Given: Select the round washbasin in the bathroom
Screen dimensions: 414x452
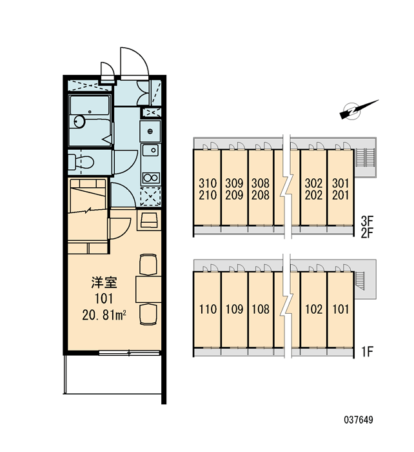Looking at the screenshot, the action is point(79,121).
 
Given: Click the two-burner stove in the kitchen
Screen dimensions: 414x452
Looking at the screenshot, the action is point(151,178).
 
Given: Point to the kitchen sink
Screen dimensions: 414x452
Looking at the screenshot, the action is point(150,150).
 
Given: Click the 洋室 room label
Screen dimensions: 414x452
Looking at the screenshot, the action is point(104,283).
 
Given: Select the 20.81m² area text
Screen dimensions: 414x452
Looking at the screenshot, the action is point(104,315).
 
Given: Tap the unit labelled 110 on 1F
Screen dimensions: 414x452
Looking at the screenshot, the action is point(208,309).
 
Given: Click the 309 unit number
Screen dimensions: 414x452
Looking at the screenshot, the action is point(234,183).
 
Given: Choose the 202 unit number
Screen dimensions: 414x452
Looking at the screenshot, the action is point(313,195).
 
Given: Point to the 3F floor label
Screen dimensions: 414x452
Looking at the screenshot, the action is point(367,221).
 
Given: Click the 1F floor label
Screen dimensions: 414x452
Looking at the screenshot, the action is point(368,351).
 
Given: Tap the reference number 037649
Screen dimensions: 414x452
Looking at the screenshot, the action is point(359,420).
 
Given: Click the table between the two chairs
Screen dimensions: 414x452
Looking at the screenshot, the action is point(148,289).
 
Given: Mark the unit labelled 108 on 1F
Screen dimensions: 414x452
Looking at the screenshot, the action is point(261,309).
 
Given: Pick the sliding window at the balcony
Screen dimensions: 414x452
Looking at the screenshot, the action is point(129,353).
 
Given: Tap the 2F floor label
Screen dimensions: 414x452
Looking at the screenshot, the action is point(367,232).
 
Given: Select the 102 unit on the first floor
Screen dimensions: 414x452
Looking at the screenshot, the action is point(313,309).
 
